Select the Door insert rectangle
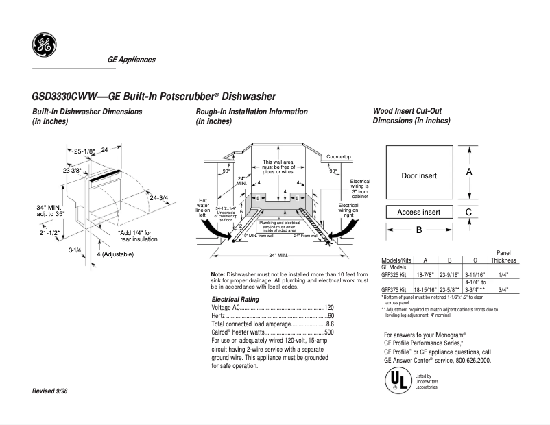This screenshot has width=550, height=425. coord(418,175)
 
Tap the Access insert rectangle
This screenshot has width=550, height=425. coord(418,212)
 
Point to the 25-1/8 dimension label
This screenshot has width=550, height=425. coord(84,151)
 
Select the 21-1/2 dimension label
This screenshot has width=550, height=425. coord(49,234)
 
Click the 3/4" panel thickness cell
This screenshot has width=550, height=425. coord(503,289)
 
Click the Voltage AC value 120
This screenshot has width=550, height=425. coord(328,308)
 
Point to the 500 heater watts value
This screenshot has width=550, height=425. coord(328,332)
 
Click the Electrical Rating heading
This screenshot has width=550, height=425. coord(235,300)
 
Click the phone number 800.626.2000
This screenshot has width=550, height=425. coord(470,360)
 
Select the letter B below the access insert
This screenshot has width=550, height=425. coord(418,230)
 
